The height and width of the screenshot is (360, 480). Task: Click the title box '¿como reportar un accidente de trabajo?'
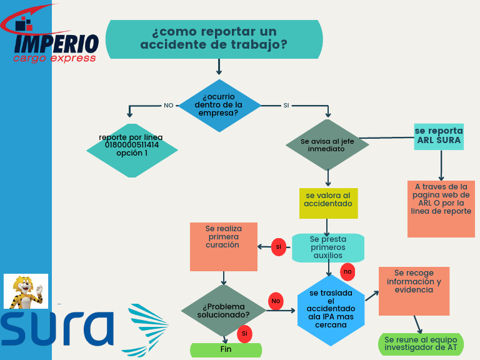click(x=214, y=39)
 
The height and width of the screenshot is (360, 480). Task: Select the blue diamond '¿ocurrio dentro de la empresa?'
click(x=219, y=106)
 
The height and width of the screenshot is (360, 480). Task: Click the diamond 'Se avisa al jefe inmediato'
click(x=327, y=145)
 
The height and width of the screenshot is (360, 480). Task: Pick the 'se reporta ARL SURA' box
click(x=439, y=136)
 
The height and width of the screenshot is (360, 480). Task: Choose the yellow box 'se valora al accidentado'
click(x=328, y=202)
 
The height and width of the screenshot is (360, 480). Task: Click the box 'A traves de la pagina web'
click(x=441, y=209)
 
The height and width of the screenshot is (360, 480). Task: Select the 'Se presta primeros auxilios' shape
click(x=328, y=247)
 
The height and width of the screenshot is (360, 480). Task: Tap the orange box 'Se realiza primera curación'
click(x=224, y=246)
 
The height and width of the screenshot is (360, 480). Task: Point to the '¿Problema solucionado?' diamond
click(x=224, y=310)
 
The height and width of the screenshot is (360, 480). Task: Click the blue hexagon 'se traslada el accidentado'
click(x=331, y=309)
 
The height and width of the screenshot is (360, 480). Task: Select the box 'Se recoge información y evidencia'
click(x=414, y=291)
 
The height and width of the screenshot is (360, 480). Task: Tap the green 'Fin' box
click(x=226, y=350)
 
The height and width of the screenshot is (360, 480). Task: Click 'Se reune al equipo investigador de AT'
click(x=421, y=344)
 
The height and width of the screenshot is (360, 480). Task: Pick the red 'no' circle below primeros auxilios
click(x=348, y=272)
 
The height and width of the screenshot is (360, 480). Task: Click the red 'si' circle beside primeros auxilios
click(x=279, y=247)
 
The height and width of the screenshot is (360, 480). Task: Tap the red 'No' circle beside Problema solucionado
click(x=276, y=301)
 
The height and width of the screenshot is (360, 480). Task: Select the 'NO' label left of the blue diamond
click(x=169, y=106)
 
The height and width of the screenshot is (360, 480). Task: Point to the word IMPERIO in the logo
click(x=56, y=44)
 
